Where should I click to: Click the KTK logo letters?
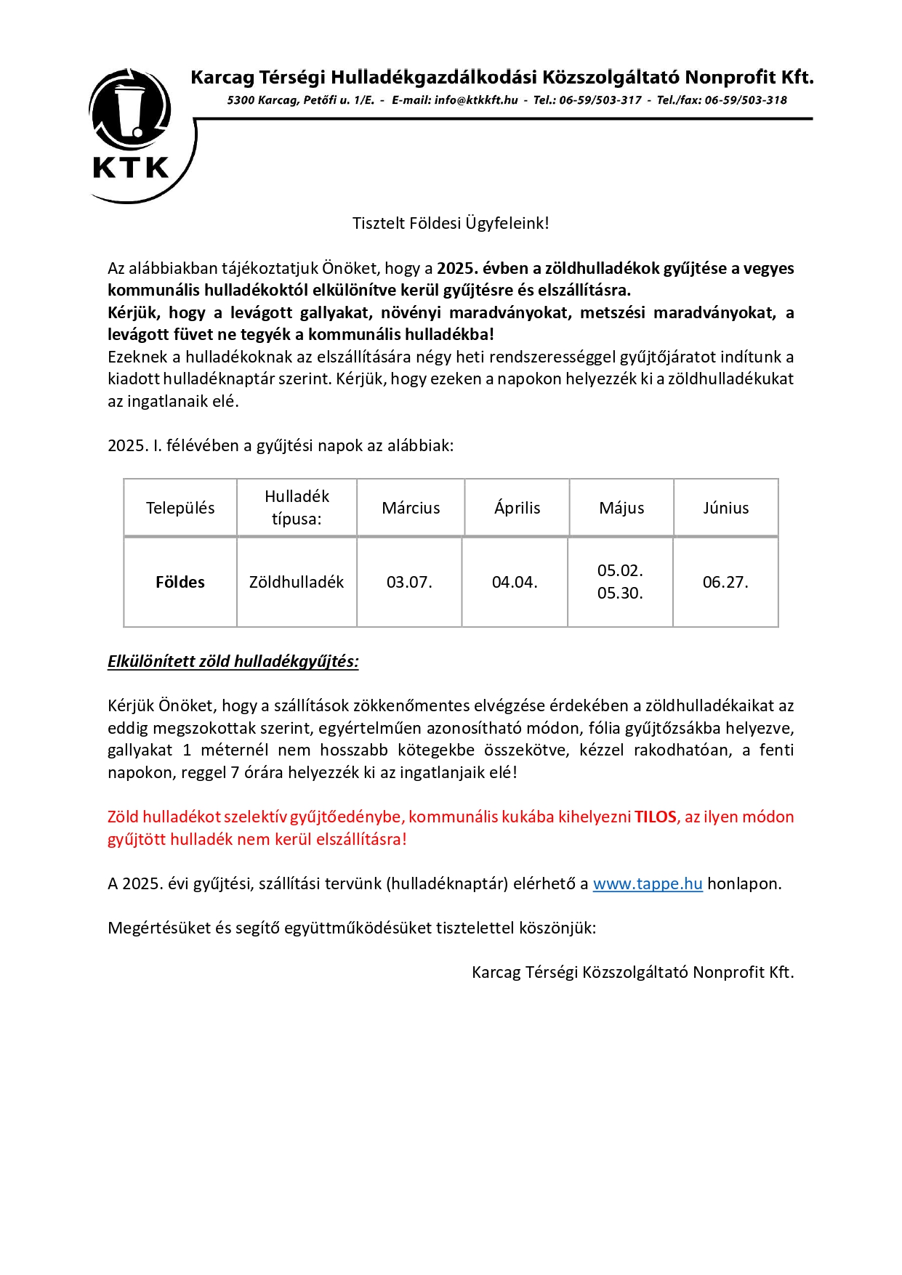pos(131,168)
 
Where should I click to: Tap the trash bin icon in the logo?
pos(132,110)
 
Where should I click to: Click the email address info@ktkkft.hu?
pos(476,100)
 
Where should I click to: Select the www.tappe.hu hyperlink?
pos(648,883)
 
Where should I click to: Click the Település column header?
pos(180,508)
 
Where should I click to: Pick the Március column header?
pos(411,508)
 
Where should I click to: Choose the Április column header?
pos(517,508)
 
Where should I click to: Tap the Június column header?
pos(725,508)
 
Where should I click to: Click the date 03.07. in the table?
pos(409,582)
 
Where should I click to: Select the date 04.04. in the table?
pos(515,582)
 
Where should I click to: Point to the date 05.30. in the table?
pos(620,593)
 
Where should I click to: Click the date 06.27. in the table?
pos(725,582)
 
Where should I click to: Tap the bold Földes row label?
pos(180,582)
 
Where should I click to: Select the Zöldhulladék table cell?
pos(297,582)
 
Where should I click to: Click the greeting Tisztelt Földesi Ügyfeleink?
pos(451,223)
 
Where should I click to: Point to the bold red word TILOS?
pos(656,817)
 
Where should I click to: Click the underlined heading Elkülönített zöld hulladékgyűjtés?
pos(233,661)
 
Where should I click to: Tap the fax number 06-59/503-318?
pos(746,100)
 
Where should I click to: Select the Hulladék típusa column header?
pos(297,507)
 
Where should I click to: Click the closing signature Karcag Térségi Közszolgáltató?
pos(632,972)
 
